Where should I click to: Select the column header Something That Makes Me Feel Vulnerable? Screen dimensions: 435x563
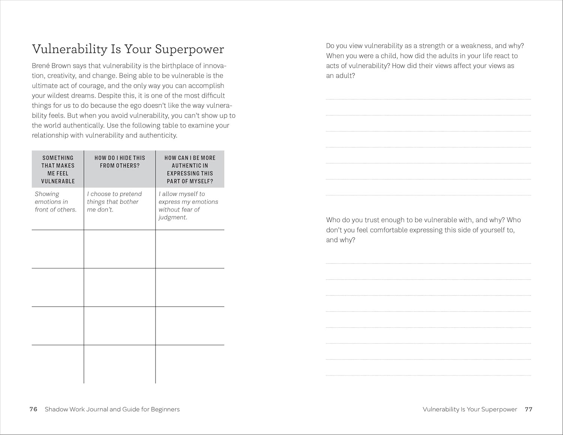pyautogui.click(x=58, y=169)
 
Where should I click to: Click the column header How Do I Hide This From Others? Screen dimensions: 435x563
pyautogui.click(x=120, y=162)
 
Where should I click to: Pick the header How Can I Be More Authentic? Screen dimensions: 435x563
pyautogui.click(x=190, y=169)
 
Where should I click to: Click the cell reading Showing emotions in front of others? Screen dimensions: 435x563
pyautogui.click(x=56, y=202)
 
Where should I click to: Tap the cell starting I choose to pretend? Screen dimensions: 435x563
pyautogui.click(x=114, y=202)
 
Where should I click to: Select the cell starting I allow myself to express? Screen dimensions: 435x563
pyautogui.click(x=188, y=205)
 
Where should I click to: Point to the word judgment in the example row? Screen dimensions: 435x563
pyautogui.click(x=172, y=217)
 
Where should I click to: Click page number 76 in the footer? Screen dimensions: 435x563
pyautogui.click(x=33, y=409)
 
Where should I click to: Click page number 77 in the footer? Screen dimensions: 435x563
pyautogui.click(x=528, y=409)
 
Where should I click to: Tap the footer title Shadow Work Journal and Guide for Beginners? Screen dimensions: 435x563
pyautogui.click(x=112, y=409)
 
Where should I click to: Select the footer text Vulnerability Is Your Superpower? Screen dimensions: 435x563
pyautogui.click(x=470, y=409)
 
